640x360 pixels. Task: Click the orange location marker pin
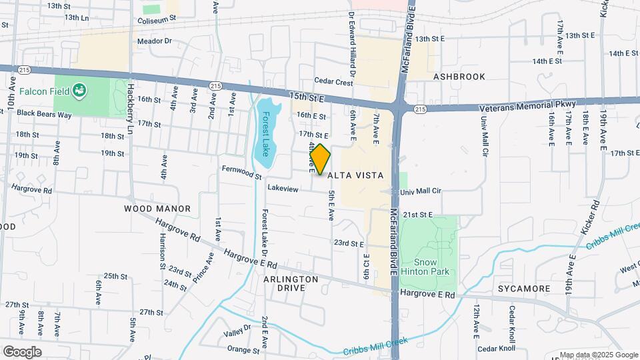pyautogui.click(x=321, y=159)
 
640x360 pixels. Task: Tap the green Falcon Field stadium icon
pyautogui.click(x=79, y=89)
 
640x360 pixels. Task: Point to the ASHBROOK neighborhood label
pyautogui.click(x=459, y=77)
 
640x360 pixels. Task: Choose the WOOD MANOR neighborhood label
pyautogui.click(x=157, y=209)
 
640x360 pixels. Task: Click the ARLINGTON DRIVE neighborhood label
pyautogui.click(x=291, y=283)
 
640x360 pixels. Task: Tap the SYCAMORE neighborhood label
pyautogui.click(x=524, y=289)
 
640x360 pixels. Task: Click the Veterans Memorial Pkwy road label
pyautogui.click(x=526, y=105)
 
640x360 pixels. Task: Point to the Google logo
pyautogui.click(x=22, y=351)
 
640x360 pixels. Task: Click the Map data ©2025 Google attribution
pyautogui.click(x=598, y=355)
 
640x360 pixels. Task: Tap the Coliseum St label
pyautogui.click(x=156, y=20)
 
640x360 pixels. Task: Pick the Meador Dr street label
pyautogui.click(x=155, y=41)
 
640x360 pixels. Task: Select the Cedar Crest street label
pyautogui.click(x=333, y=82)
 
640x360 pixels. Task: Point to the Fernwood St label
pyautogui.click(x=241, y=173)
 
